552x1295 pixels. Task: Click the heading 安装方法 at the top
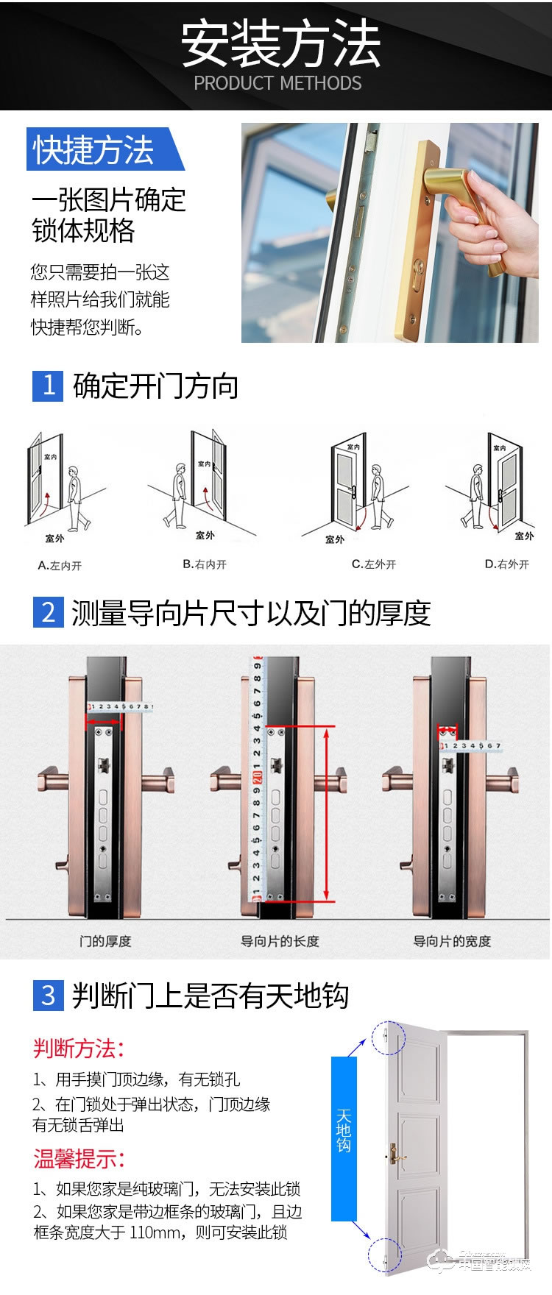click(x=280, y=44)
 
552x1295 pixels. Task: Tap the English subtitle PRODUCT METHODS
click(x=277, y=83)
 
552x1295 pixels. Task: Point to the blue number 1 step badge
click(x=49, y=386)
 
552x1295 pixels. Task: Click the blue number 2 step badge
click(x=49, y=612)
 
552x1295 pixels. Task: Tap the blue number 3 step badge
click(x=49, y=995)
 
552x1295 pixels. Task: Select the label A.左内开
click(x=60, y=565)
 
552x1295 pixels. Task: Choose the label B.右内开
click(x=205, y=564)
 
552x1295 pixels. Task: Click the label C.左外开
click(x=374, y=564)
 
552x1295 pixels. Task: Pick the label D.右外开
click(x=506, y=564)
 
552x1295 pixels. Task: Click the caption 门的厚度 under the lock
click(x=105, y=941)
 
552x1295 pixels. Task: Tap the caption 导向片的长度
click(x=280, y=941)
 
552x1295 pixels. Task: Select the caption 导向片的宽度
click(x=452, y=941)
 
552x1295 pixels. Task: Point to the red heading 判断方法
click(x=79, y=1048)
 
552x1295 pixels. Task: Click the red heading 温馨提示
click(x=79, y=1159)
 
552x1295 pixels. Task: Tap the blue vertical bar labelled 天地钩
click(x=344, y=1139)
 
